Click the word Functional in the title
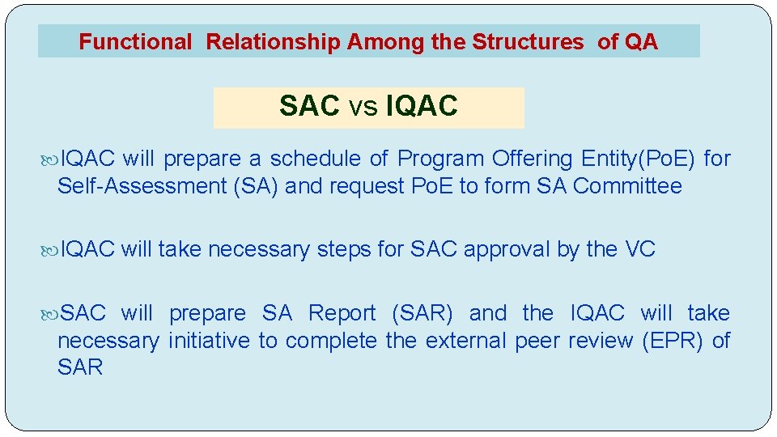(135, 42)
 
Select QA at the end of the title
(642, 42)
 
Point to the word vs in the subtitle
(363, 108)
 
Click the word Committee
(627, 186)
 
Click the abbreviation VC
(640, 249)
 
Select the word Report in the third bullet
(342, 313)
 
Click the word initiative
(210, 341)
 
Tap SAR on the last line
(80, 367)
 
